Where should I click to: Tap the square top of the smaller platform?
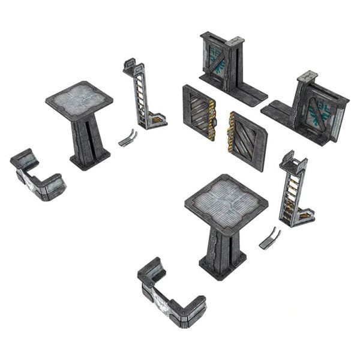pos(79,98)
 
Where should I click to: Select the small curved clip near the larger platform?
pos(269,238)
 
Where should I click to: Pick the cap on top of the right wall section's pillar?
pos(307,76)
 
